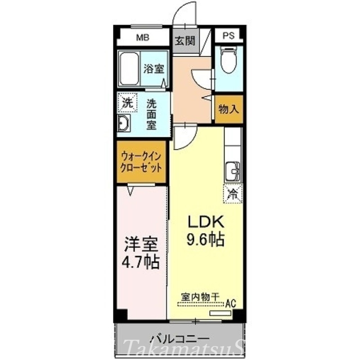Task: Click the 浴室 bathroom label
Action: tap(153, 69)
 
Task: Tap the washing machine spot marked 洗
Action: tap(126, 102)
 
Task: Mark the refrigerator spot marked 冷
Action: tap(233, 194)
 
